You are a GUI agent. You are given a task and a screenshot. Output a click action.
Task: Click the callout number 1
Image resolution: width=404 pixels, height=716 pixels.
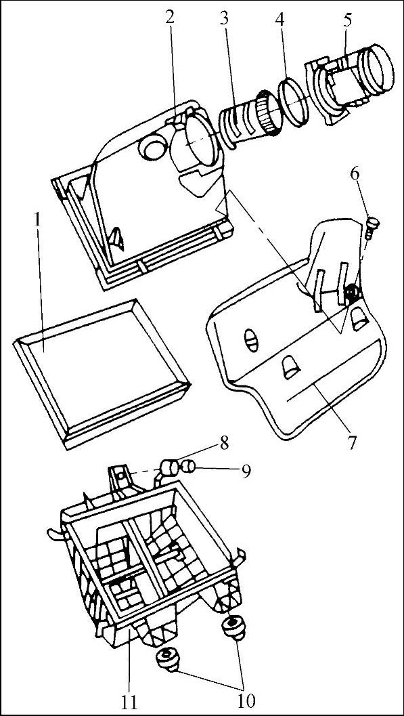39,222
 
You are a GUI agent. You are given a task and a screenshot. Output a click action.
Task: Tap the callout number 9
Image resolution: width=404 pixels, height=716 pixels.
246,472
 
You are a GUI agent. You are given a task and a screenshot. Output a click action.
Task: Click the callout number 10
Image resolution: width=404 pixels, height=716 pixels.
245,700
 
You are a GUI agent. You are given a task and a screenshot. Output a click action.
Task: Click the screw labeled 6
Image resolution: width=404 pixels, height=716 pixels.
373,228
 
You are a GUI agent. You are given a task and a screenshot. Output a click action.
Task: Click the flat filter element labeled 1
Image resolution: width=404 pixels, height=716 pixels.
102,374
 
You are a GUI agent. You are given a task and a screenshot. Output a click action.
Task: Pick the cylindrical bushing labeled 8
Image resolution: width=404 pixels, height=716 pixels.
170,469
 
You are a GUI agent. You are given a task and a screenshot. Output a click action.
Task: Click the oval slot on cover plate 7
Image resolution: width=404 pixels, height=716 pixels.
251,340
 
